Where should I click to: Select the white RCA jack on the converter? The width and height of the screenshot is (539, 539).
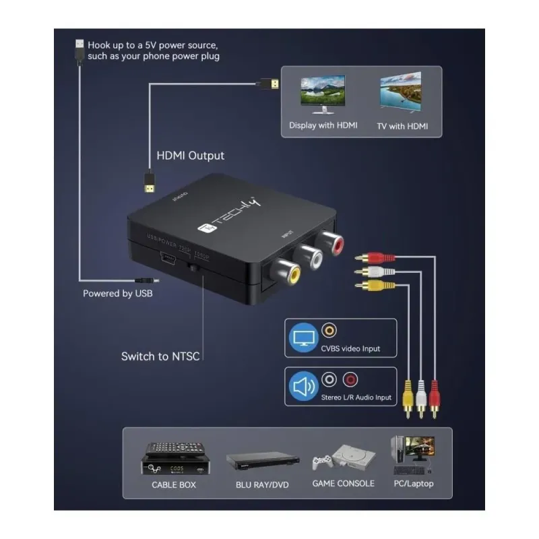[x=309, y=256]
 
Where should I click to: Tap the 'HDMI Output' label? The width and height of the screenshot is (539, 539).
[x=191, y=156]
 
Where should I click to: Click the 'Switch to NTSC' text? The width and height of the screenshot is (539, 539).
[x=160, y=356]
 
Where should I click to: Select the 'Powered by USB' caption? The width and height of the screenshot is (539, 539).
[x=118, y=293]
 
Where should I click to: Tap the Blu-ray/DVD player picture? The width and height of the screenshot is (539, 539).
[x=262, y=461]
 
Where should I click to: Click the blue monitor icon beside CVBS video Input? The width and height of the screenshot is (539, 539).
[x=303, y=338]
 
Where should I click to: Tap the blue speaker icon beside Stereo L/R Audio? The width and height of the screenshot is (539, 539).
[x=303, y=387]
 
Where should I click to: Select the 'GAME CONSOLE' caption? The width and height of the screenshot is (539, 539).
[x=343, y=484]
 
